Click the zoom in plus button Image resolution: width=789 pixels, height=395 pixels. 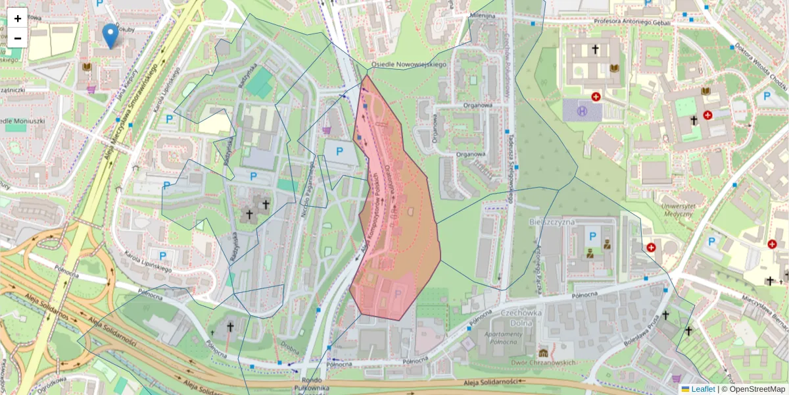[18, 18]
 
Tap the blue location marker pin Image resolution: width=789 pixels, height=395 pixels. [111, 35]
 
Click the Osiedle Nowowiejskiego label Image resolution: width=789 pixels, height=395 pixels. [408, 65]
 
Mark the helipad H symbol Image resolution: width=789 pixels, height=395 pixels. [582, 111]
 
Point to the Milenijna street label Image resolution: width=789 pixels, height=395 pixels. [482, 14]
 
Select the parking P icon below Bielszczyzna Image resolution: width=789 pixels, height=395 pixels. [593, 236]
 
